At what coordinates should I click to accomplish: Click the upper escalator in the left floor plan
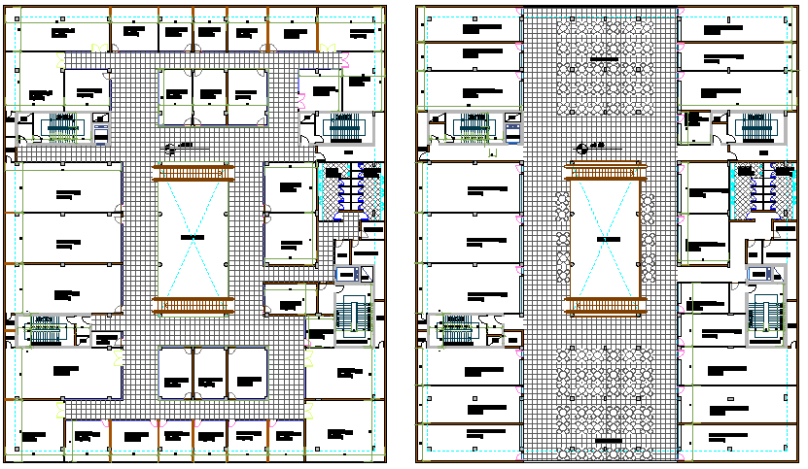point(193,172)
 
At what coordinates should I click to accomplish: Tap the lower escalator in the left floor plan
point(193,306)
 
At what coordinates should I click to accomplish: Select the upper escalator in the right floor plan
point(606,172)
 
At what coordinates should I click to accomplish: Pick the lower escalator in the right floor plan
point(606,306)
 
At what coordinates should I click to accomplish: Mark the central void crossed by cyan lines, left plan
point(193,238)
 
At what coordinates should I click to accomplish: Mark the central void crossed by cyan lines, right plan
point(606,238)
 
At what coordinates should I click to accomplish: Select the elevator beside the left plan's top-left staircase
point(101,128)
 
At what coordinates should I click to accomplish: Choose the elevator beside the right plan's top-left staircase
point(513,128)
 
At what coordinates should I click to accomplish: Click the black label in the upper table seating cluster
point(604,60)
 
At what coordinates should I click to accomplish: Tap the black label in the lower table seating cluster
point(604,442)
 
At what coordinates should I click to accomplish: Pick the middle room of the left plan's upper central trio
point(210,90)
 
